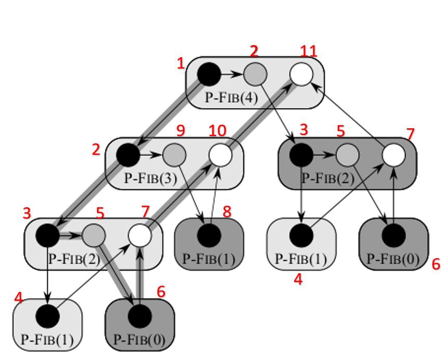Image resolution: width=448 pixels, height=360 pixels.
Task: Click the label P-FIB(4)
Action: (x=231, y=98)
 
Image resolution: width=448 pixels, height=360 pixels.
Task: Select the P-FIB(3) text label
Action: (x=151, y=178)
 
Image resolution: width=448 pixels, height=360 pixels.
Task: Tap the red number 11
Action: (x=308, y=51)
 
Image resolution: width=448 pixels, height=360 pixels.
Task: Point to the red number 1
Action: (x=181, y=64)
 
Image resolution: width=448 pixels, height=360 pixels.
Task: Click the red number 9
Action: (x=181, y=130)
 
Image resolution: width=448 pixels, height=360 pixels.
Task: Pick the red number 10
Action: (x=217, y=130)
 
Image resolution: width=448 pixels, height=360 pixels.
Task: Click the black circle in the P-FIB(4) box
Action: (x=209, y=74)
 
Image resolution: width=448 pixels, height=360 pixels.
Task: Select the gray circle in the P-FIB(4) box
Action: (x=255, y=74)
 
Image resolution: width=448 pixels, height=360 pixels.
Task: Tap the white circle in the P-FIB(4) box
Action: (x=301, y=74)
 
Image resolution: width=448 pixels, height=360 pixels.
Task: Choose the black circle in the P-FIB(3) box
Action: (x=128, y=155)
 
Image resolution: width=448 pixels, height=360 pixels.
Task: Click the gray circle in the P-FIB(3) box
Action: (x=174, y=155)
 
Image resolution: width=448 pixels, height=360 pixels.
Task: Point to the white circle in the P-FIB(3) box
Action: (x=220, y=155)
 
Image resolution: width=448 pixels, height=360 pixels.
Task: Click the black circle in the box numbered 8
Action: (x=209, y=235)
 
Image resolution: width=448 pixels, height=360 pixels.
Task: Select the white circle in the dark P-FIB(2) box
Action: (x=393, y=155)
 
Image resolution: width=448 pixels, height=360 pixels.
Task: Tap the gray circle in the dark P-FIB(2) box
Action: (x=348, y=155)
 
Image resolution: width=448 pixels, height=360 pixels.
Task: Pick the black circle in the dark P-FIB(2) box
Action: (x=301, y=155)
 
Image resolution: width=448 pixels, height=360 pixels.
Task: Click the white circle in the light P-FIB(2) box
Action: (x=140, y=235)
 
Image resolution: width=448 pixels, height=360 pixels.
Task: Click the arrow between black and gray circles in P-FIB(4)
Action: (x=232, y=74)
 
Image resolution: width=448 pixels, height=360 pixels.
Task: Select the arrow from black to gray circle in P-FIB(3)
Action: (x=151, y=155)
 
